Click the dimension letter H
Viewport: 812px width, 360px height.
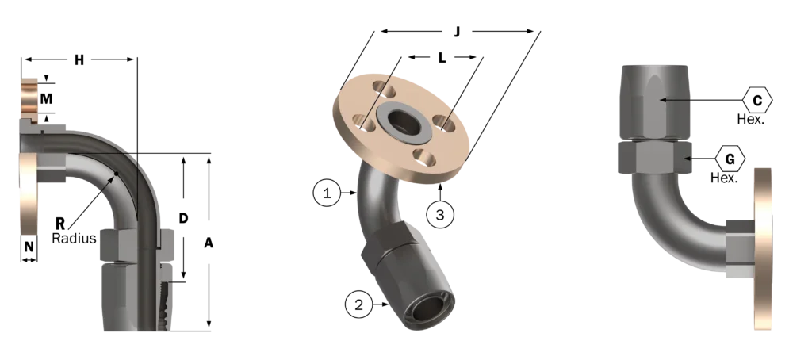[79, 60]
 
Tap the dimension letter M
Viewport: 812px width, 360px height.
[47, 98]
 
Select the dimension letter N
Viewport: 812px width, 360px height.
[29, 247]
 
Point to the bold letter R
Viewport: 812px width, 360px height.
[60, 224]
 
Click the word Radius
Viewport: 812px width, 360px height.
[74, 238]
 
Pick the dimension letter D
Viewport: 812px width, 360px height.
[183, 218]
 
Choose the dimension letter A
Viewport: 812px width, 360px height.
[209, 242]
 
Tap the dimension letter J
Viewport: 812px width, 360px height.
[457, 32]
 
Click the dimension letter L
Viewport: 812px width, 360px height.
[442, 58]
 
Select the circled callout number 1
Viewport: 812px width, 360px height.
[327, 193]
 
